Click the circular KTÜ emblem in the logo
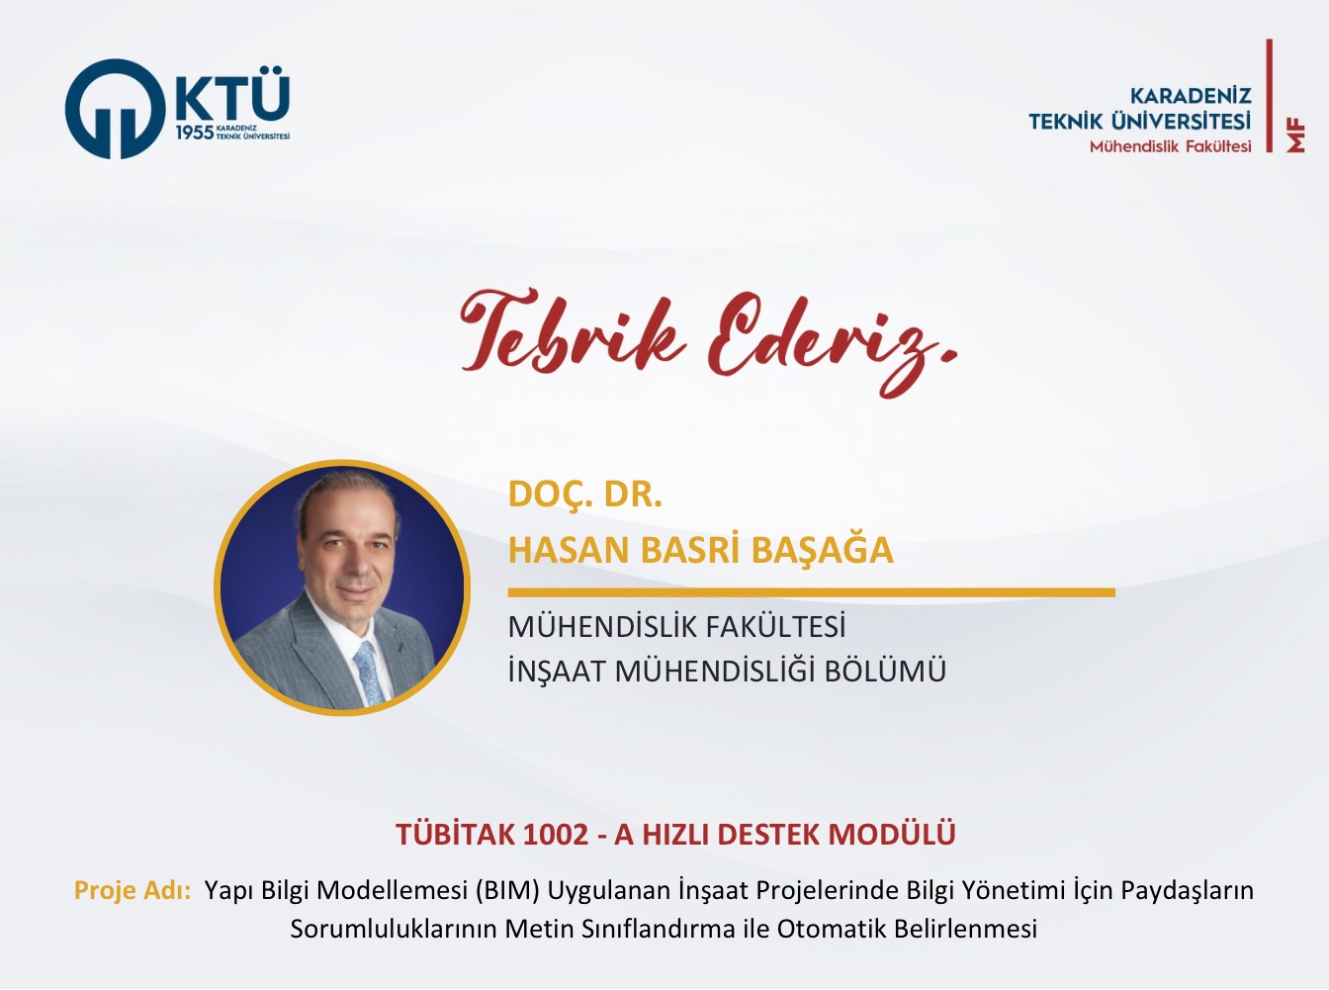click(115, 109)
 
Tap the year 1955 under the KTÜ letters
click(195, 134)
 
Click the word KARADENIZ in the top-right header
click(1191, 96)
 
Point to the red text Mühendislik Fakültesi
click(1170, 146)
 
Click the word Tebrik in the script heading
click(573, 331)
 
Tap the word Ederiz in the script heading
click(833, 341)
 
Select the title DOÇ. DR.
click(584, 495)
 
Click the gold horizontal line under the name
click(811, 592)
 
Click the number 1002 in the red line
click(555, 834)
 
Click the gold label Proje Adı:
click(133, 891)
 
